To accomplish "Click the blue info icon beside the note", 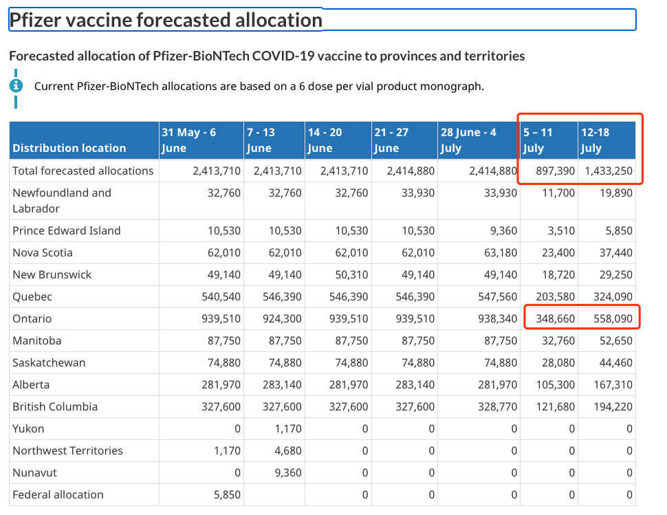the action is click(x=17, y=86).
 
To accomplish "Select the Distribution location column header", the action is click(x=69, y=148).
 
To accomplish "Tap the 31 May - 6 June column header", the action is click(x=189, y=140).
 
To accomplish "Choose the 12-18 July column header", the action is click(x=595, y=140).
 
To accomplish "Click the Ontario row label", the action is click(x=32, y=318).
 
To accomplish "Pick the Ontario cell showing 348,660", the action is click(x=555, y=318).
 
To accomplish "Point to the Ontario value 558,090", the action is click(x=613, y=318).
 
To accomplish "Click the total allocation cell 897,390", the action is click(x=555, y=171).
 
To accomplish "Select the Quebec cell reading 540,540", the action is click(x=221, y=296).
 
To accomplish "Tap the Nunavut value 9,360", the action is click(x=288, y=472).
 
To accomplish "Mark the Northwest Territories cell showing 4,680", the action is click(x=288, y=450).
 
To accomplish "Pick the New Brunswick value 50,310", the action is click(x=351, y=274).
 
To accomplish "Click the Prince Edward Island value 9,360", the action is click(x=503, y=230).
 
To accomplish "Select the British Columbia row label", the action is click(x=55, y=406).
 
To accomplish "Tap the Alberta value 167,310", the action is click(x=613, y=384).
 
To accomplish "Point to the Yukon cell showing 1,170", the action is click(x=288, y=428).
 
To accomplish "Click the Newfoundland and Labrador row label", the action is click(x=62, y=201).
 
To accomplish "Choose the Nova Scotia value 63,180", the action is click(x=501, y=252).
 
